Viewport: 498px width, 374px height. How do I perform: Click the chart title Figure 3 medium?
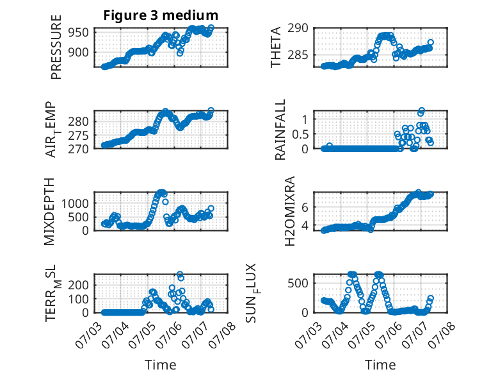pos(161,15)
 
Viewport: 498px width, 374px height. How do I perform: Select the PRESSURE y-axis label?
pos(56,47)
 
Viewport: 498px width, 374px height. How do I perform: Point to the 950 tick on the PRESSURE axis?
pos(79,32)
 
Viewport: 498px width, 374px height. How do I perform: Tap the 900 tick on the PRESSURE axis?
pos(79,52)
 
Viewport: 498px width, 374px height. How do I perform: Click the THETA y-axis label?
pos(276,47)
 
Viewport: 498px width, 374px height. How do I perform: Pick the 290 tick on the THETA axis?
pos(298,28)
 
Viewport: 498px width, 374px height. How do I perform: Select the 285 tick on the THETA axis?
pos(298,55)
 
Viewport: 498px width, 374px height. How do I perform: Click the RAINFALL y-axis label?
pos(280,130)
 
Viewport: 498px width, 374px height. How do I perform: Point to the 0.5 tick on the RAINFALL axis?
pos(300,134)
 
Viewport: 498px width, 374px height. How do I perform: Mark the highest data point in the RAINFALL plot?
pos(422,110)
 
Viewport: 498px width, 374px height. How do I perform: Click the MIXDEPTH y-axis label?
pos(49,212)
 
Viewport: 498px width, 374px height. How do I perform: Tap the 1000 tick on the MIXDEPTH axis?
pos(75,203)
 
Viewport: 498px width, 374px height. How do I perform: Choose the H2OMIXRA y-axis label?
pos(290,211)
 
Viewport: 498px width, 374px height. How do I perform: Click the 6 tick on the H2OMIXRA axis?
pos(305,207)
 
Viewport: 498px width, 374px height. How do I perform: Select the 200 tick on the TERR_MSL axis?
pos(79,285)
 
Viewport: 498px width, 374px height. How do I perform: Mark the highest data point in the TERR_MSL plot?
pos(180,274)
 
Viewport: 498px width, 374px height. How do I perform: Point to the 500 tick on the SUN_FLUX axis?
pos(298,284)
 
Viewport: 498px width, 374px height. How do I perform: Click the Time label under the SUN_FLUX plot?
pos(380,364)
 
